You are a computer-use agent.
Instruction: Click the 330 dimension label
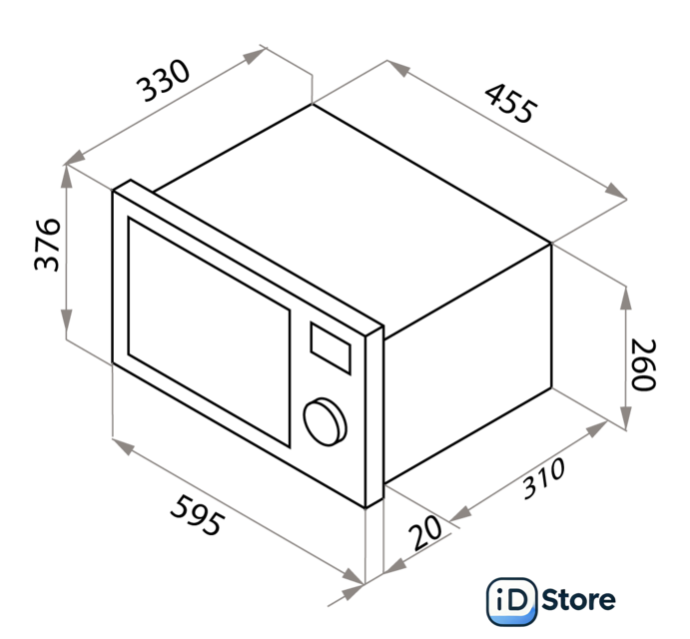click(163, 81)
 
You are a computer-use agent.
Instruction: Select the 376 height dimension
click(47, 245)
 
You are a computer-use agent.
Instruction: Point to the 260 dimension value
click(644, 364)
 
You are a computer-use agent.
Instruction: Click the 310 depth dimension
click(543, 478)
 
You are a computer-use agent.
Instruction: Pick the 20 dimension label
click(425, 533)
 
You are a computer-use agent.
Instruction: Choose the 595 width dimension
click(197, 515)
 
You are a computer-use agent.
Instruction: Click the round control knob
click(326, 422)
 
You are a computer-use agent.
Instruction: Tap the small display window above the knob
click(331, 348)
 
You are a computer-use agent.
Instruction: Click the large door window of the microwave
click(209, 331)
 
